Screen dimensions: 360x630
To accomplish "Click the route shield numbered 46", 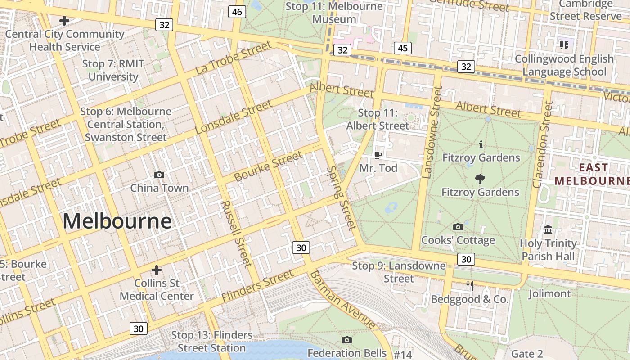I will click(x=237, y=12).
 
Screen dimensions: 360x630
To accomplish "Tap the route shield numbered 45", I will click(x=402, y=48).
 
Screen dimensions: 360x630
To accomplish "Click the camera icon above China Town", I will click(x=159, y=175).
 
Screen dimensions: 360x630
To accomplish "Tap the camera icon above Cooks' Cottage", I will click(x=458, y=227).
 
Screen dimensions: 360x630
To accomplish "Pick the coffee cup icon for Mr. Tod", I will click(x=378, y=155).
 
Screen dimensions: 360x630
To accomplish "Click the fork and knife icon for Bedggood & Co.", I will click(x=470, y=286).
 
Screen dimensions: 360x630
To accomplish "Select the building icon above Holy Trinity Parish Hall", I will click(x=548, y=230).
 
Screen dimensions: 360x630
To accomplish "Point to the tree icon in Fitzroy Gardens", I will click(x=480, y=179).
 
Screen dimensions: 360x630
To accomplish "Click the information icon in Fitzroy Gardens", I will click(x=481, y=145).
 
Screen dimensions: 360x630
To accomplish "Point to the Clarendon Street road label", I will click(x=542, y=144).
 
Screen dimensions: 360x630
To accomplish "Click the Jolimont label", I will click(x=549, y=294).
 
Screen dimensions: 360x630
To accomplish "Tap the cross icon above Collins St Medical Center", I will click(x=156, y=270).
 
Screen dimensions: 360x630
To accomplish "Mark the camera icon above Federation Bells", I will click(x=346, y=340).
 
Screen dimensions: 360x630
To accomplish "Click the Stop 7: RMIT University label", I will click(x=113, y=70).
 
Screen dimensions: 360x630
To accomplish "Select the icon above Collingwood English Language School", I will click(x=564, y=45).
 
